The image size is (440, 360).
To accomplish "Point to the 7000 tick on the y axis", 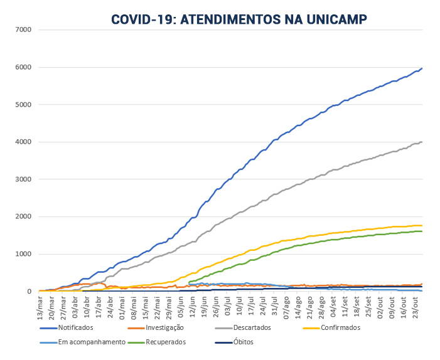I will (23, 29).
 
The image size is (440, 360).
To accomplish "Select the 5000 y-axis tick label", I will (23, 105).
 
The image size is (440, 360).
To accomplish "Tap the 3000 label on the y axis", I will (23, 179).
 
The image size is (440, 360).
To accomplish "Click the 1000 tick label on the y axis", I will (23, 254).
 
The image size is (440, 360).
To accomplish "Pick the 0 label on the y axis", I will (29, 292).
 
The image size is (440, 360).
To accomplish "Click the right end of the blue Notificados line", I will (422, 68).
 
